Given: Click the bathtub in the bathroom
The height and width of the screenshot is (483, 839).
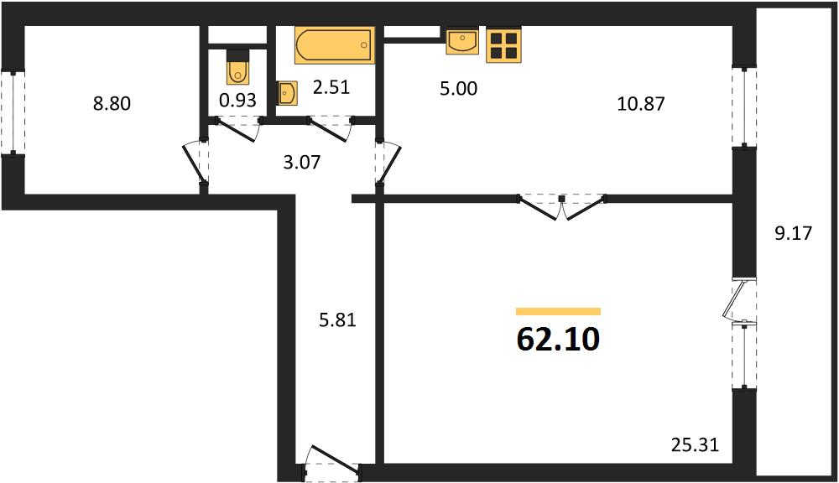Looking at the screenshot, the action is (335, 45).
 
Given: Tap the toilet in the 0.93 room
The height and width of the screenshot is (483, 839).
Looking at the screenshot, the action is (237, 67).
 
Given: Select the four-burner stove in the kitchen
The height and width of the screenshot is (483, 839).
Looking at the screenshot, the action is (503, 45).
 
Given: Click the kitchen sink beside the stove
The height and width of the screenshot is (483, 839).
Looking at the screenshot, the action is (462, 41).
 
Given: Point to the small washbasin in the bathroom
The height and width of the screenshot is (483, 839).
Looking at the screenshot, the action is (287, 93).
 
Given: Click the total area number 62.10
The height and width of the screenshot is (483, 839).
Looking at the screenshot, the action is (558, 339).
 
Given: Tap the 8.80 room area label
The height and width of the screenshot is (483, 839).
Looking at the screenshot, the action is (112, 103).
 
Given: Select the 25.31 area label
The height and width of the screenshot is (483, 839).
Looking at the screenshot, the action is (695, 444).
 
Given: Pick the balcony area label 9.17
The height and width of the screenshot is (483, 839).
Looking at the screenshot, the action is (794, 233).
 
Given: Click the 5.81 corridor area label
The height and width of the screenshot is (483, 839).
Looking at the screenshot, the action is (337, 319).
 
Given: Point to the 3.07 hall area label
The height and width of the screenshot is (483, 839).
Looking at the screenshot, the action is (302, 162).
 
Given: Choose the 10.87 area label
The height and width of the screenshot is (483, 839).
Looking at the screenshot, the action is (641, 103).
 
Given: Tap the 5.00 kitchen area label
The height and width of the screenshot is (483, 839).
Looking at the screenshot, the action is (459, 88).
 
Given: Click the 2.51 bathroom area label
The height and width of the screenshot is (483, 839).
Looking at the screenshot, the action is (331, 86).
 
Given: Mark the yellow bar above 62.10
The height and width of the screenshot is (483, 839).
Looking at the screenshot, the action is (558, 311).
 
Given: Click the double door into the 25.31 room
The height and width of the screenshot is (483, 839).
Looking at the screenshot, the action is (561, 206).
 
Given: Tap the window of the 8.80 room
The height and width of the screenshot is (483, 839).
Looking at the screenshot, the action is (13, 113).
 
